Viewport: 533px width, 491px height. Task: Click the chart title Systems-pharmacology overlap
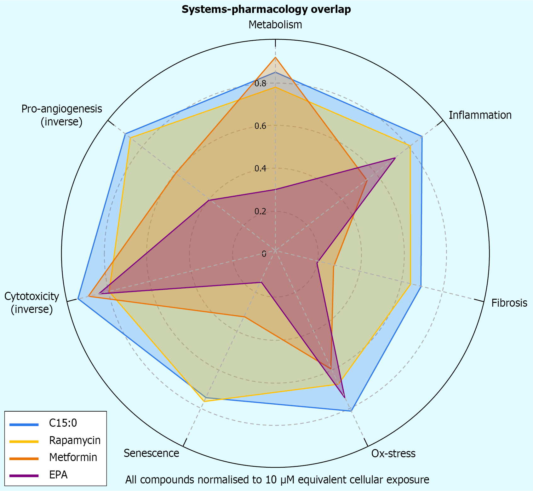(x=266, y=9)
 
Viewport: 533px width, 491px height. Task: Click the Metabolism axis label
(x=275, y=25)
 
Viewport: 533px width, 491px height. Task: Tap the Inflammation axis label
(x=480, y=115)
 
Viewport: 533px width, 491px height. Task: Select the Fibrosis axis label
(x=509, y=303)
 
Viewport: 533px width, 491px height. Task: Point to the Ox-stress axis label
(x=393, y=453)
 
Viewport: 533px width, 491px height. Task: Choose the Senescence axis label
(x=151, y=453)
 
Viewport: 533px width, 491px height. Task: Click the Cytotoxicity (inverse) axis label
(x=32, y=303)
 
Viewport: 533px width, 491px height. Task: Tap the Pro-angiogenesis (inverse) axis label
(x=62, y=115)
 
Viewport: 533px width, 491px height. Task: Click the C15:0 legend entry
(x=63, y=423)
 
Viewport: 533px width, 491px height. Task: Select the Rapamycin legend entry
(x=75, y=440)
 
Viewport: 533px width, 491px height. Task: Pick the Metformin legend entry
(x=73, y=457)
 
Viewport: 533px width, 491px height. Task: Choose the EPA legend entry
(x=58, y=475)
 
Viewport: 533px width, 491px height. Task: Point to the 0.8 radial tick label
(x=261, y=84)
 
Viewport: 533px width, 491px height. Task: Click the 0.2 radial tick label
(x=261, y=211)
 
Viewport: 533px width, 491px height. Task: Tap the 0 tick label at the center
(x=264, y=253)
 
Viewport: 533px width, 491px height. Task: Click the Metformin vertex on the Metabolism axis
(x=275, y=58)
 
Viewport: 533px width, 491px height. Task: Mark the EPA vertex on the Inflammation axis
(x=395, y=158)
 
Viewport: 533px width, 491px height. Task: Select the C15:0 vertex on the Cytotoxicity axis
(x=78, y=298)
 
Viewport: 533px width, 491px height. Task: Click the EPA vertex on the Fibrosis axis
(x=318, y=262)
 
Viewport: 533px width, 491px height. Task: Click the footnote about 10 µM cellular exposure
(x=277, y=480)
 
